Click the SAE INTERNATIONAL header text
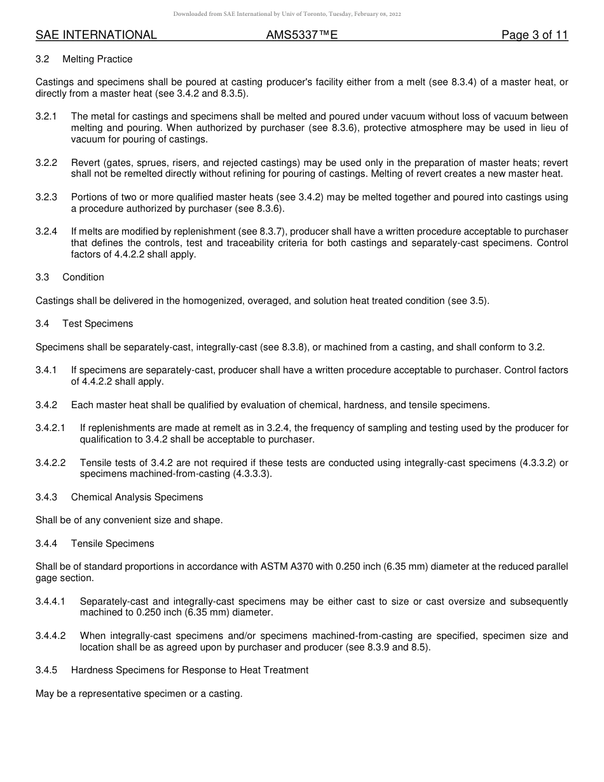point(96,35)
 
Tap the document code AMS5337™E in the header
point(301,35)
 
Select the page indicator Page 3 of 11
point(534,35)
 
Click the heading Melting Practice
point(97,59)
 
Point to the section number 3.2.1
point(46,116)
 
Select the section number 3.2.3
point(46,197)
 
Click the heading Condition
point(83,277)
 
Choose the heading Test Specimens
point(97,324)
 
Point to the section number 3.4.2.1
point(50,428)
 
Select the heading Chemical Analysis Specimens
point(137,497)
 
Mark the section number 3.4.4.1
point(50,601)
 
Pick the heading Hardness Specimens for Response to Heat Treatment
point(189,670)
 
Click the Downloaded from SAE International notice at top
point(287,14)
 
